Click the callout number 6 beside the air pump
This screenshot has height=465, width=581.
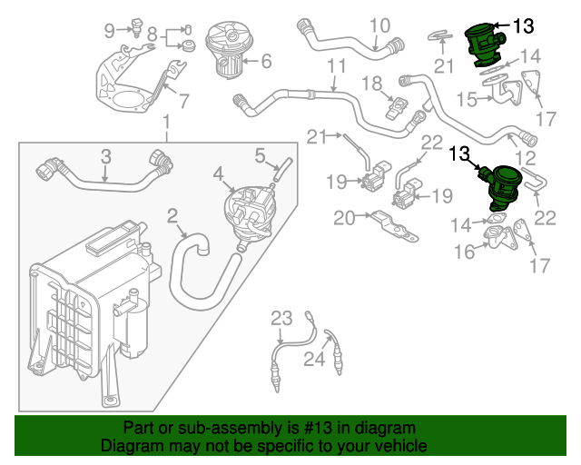[266, 63]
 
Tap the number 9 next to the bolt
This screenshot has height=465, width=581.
[110, 31]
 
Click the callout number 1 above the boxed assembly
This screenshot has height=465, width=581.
[166, 123]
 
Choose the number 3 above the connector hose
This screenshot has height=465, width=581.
[105, 156]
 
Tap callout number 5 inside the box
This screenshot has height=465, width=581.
[260, 154]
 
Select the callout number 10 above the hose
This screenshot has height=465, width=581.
[379, 25]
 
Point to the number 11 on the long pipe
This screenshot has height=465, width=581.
[337, 66]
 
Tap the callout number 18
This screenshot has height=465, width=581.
[373, 84]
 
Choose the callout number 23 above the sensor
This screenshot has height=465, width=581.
[281, 318]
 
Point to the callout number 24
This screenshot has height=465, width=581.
[313, 360]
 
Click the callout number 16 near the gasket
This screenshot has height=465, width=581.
[464, 252]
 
